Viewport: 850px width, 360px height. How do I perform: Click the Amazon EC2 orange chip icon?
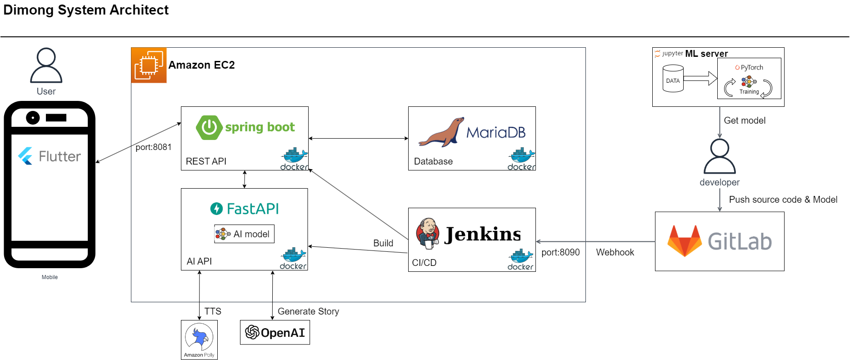click(149, 65)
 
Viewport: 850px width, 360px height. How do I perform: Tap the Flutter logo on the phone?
click(25, 156)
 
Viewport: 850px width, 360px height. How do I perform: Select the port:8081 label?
click(154, 147)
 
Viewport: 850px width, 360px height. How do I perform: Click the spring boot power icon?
click(209, 127)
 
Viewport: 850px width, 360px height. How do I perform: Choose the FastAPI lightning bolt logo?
click(216, 209)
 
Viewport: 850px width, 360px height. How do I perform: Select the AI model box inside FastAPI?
click(244, 234)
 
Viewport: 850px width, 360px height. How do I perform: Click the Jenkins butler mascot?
click(427, 234)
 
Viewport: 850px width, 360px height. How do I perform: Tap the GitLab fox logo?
click(685, 241)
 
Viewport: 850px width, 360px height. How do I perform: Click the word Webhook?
click(615, 252)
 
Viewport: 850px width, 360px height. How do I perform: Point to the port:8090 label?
click(560, 252)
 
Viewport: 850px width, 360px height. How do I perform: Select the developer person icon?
click(720, 157)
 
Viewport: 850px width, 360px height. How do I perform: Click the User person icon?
click(46, 65)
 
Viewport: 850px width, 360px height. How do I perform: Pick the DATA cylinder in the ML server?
click(673, 79)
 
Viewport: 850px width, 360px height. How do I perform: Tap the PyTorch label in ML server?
click(750, 67)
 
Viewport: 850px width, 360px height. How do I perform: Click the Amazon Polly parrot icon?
click(199, 337)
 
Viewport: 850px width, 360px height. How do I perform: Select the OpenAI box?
click(275, 333)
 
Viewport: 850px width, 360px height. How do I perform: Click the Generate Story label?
click(308, 311)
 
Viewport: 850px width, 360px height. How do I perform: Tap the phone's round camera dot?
click(33, 118)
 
